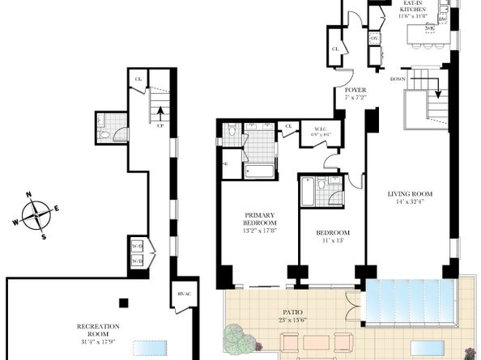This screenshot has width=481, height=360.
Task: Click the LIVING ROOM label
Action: click(409, 194)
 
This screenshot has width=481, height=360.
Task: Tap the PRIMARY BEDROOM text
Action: click(261, 219)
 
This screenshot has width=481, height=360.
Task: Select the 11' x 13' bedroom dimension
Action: click(332, 240)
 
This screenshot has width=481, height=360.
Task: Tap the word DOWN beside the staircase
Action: click(398, 79)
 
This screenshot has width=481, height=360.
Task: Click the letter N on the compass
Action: click(29, 195)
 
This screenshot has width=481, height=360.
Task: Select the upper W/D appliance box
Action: click(138, 245)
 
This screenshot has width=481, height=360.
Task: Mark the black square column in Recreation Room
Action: click(122, 303)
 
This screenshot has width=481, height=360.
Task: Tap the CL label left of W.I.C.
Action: click(287, 125)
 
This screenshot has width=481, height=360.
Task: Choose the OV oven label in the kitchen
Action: click(374, 38)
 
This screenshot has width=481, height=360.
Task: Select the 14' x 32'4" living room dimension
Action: click(409, 203)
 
